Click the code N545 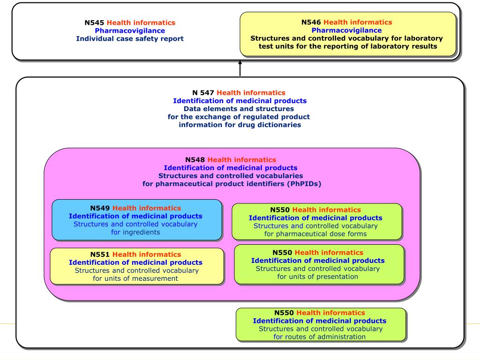click(94, 22)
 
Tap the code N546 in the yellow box click(311, 22)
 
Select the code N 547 click(203, 93)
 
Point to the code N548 click(195, 160)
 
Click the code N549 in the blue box click(100, 208)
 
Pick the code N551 click(100, 255)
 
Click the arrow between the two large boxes click(240, 68)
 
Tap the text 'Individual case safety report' click(130, 38)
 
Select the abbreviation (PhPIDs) click(304, 184)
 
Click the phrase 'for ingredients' click(135, 232)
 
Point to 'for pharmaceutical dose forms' click(315, 234)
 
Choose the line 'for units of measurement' click(135, 278)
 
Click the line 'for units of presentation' click(317, 277)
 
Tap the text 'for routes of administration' click(319, 337)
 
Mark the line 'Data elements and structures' click(239, 109)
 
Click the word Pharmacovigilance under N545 click(130, 30)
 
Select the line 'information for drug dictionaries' click(240, 125)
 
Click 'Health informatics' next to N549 click(147, 208)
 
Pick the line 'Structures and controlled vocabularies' click(231, 176)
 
